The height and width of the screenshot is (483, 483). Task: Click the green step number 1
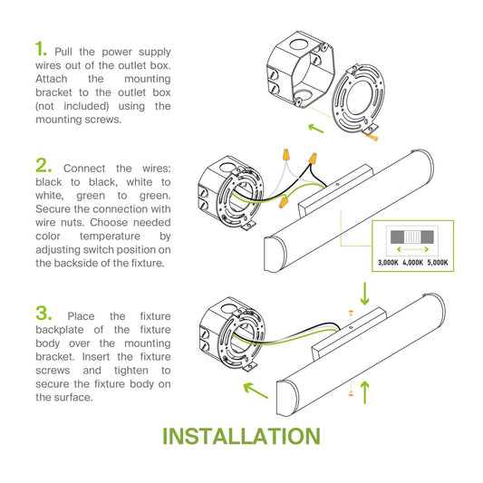pos(41,49)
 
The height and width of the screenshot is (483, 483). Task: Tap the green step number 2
pos(43,166)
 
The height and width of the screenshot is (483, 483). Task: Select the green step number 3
pos(43,313)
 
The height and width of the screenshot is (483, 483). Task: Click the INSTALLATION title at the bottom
pos(241,436)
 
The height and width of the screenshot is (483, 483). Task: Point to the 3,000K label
pos(388,263)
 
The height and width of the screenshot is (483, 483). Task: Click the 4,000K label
pos(412,263)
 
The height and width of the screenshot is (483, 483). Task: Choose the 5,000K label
pos(438,263)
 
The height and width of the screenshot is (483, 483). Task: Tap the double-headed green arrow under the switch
pos(412,249)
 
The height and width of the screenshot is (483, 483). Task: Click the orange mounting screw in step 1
pos(371,136)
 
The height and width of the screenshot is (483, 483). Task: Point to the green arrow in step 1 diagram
pos(315,129)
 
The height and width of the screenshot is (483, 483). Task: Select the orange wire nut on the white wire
pos(286,155)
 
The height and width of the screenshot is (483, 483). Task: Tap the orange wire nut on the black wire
pos(313,159)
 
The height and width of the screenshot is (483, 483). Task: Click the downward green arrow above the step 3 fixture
pos(364,294)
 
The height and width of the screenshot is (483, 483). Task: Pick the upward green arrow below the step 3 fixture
pos(364,392)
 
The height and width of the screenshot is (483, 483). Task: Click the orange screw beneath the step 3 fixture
pos(351,392)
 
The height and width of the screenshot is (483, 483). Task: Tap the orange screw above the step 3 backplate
pos(351,313)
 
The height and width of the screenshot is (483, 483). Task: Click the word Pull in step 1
pos(63,52)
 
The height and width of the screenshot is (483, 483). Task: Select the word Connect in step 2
pos(84,169)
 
